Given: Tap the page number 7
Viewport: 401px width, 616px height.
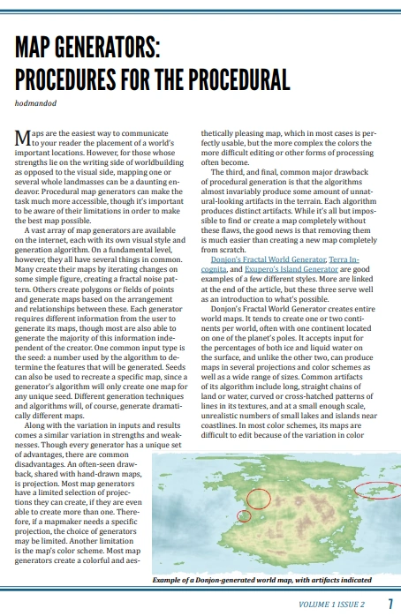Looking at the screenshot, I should (x=390, y=605).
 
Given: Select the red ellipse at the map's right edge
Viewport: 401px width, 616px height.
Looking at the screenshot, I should (x=375, y=489).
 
